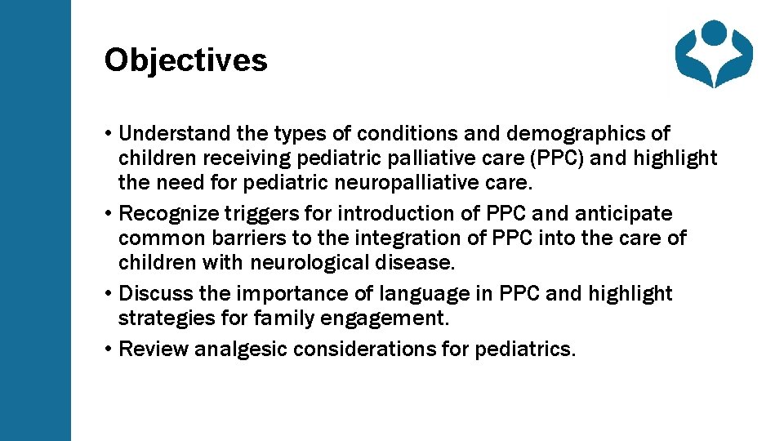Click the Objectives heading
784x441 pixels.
tap(185, 60)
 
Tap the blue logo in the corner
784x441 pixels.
tap(713, 54)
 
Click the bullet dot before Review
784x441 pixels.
tap(109, 350)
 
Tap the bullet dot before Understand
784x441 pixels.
tap(109, 133)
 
